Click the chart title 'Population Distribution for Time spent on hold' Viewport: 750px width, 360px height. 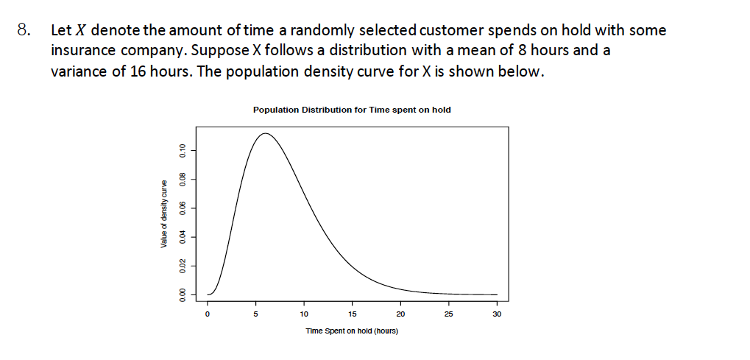[x=352, y=110]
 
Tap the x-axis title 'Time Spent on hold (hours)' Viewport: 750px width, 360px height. [x=352, y=331]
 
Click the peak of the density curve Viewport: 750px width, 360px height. [x=265, y=133]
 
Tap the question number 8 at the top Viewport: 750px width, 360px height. [x=24, y=31]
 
